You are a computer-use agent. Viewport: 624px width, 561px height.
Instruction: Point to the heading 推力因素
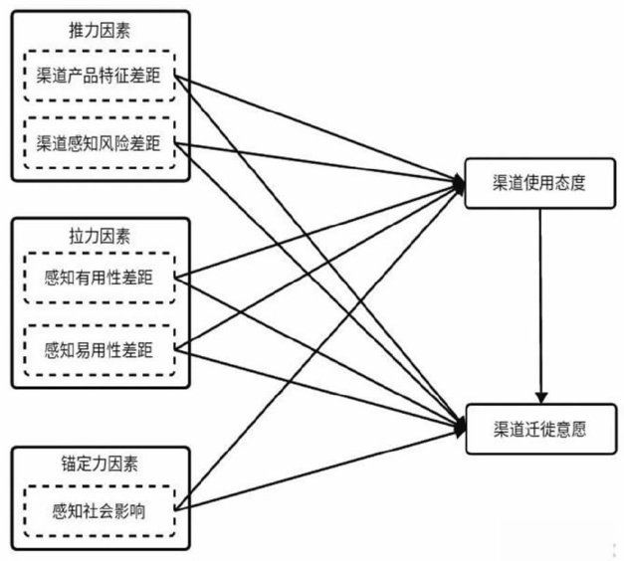coord(98,32)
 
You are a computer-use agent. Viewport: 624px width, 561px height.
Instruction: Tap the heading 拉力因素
coord(98,237)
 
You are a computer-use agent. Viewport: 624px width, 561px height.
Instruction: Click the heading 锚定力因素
coord(98,465)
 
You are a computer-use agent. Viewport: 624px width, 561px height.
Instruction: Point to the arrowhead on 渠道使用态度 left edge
coord(459,181)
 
